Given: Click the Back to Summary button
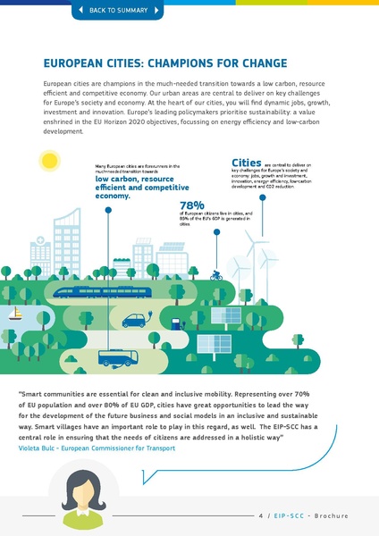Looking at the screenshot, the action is click(x=119, y=10).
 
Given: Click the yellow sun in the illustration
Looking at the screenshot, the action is click(x=47, y=162).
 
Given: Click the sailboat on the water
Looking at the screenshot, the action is click(x=15, y=313).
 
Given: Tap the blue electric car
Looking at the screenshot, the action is click(x=134, y=320).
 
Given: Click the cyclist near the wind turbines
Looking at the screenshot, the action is click(x=215, y=275).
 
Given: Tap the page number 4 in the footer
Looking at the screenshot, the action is click(x=260, y=516).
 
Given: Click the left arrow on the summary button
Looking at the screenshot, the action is click(x=81, y=10).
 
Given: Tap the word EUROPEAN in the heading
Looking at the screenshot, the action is click(x=73, y=63).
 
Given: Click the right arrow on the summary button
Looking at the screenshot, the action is click(x=156, y=10).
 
